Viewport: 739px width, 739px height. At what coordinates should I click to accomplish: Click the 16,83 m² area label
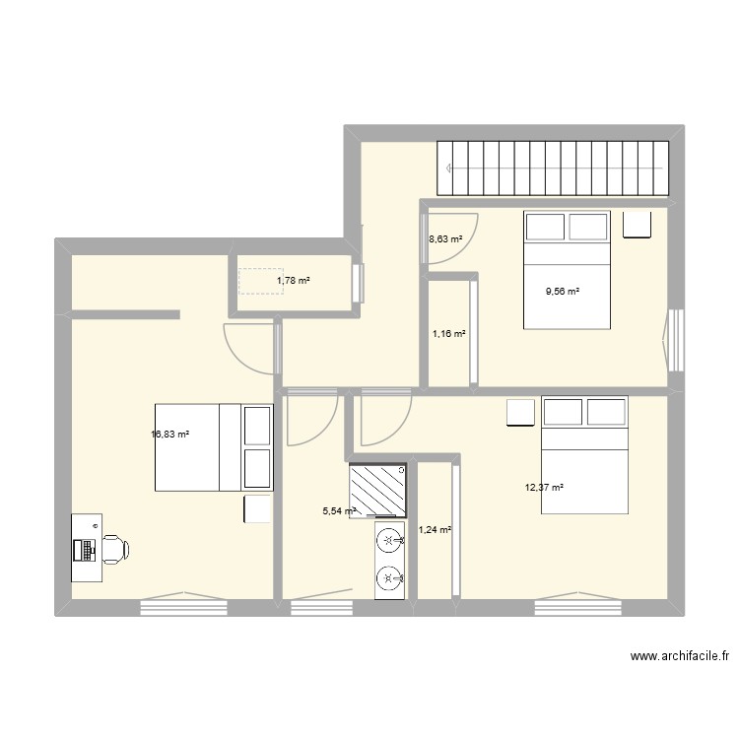[x=169, y=433]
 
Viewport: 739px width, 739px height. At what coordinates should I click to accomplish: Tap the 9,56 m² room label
[x=563, y=291]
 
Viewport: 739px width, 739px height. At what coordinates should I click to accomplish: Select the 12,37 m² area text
[x=545, y=487]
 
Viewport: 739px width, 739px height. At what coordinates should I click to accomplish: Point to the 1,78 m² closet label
[x=293, y=281]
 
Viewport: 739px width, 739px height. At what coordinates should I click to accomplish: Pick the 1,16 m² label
[x=449, y=333]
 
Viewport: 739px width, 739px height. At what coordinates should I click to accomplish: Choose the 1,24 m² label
[x=435, y=529]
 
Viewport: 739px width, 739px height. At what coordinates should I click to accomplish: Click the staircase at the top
[x=554, y=167]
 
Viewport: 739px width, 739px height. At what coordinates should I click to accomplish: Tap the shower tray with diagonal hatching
[x=377, y=491]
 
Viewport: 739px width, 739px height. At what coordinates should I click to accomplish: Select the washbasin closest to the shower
[x=390, y=541]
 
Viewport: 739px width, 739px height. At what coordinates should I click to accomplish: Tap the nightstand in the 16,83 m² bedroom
[x=258, y=508]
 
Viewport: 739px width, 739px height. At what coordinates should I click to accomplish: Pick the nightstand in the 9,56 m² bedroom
[x=638, y=225]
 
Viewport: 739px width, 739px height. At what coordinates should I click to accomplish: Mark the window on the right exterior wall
[x=675, y=340]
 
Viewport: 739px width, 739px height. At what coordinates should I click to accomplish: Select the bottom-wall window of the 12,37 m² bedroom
[x=577, y=604]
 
